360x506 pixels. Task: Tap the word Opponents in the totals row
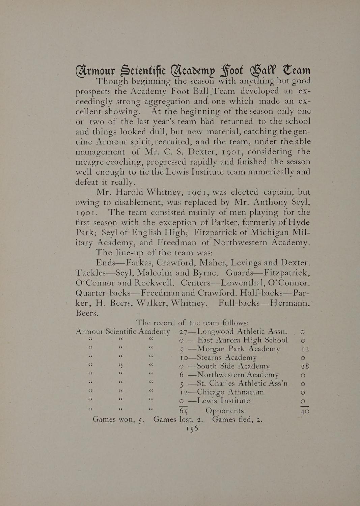click(224, 411)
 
